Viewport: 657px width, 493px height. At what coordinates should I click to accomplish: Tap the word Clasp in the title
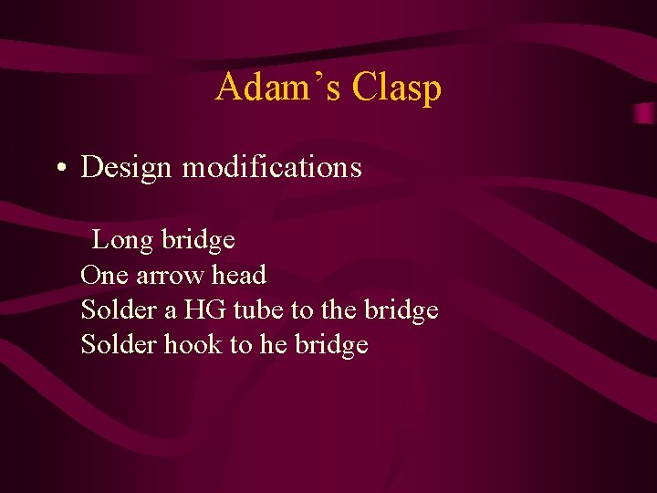click(x=397, y=88)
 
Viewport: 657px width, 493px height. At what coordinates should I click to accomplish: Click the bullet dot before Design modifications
click(x=59, y=169)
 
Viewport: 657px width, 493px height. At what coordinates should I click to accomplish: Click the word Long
click(x=122, y=240)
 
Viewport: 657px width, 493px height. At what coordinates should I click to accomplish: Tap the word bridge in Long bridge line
click(x=198, y=240)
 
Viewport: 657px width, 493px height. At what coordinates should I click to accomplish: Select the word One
click(x=104, y=275)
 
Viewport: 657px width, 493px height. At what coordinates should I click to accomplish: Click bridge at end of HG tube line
click(x=401, y=309)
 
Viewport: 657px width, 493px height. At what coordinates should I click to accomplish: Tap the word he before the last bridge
click(x=273, y=344)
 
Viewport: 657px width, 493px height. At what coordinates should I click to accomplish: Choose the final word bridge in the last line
click(x=331, y=344)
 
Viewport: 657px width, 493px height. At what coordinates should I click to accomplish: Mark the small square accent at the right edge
click(x=645, y=113)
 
